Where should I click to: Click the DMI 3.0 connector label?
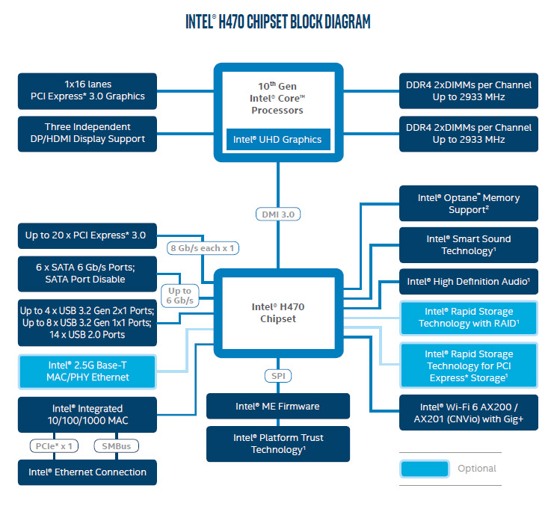[x=278, y=214]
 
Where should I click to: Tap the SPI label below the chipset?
[x=278, y=376]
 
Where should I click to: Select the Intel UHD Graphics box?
[x=278, y=140]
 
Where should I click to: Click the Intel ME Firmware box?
[x=278, y=406]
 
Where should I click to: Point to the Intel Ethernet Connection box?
[x=87, y=472]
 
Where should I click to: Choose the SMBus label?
[x=116, y=446]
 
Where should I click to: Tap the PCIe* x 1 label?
[x=54, y=446]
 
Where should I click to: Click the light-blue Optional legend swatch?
[x=425, y=469]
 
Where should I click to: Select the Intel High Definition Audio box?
[x=469, y=282]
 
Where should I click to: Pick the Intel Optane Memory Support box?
[x=469, y=203]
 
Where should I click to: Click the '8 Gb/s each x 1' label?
[x=203, y=248]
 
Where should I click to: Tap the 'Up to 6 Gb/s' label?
[x=179, y=295]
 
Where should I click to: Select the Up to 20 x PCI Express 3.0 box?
[x=87, y=235]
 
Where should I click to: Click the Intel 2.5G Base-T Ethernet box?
[x=87, y=371]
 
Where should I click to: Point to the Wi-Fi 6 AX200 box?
[x=469, y=413]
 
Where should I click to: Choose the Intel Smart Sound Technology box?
[x=469, y=245]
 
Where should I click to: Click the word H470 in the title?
[x=231, y=22]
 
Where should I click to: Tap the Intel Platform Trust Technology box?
[x=278, y=444]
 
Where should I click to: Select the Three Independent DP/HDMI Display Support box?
[x=87, y=134]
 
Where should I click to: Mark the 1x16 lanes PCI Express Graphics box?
[x=87, y=91]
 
